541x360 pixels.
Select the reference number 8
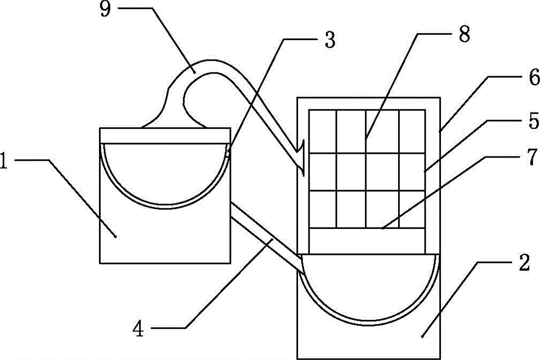(x=464, y=34)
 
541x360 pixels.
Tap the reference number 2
(x=524, y=263)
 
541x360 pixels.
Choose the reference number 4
(x=138, y=329)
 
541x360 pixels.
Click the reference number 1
(x=3, y=160)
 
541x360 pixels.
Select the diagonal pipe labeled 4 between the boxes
(x=266, y=238)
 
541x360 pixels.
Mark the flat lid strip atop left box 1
(x=165, y=136)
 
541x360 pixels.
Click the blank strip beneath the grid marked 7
(x=367, y=241)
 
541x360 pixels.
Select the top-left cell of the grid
(x=322, y=132)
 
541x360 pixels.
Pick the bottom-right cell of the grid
(x=412, y=209)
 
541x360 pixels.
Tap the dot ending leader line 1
(x=115, y=237)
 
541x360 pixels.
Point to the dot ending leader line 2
(x=423, y=336)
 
